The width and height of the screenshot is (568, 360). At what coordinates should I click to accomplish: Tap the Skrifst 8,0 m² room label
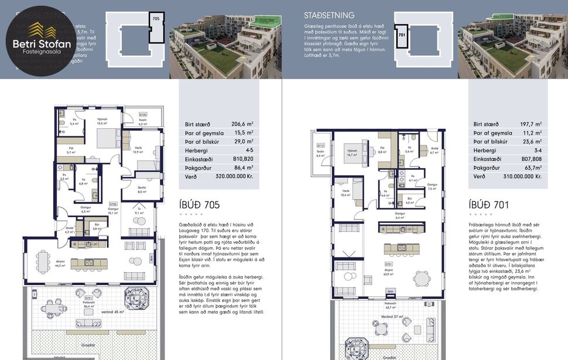141,190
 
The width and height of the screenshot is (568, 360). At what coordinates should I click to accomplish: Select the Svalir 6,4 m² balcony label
320,154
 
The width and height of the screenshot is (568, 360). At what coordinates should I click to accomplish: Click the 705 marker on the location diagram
155,19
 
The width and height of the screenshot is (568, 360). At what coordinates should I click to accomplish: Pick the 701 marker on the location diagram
402,35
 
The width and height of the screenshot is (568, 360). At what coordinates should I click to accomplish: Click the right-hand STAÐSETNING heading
329,15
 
